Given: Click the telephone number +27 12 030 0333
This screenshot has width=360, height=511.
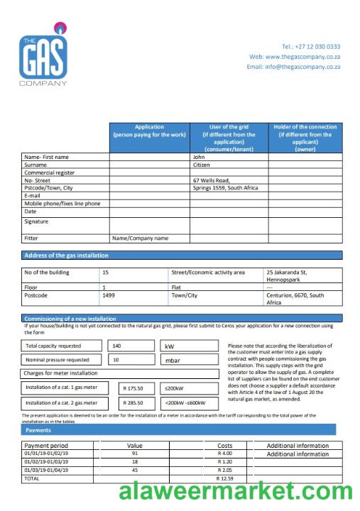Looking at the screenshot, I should pyautogui.click(x=310, y=47).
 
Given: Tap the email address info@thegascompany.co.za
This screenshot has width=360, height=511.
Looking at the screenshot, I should pyautogui.click(x=293, y=67).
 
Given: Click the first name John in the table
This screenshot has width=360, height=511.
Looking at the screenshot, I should pyautogui.click(x=199, y=157).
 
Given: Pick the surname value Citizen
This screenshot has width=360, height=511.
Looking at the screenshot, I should pyautogui.click(x=202, y=165).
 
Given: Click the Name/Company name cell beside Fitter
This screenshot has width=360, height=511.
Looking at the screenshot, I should pyautogui.click(x=141, y=238).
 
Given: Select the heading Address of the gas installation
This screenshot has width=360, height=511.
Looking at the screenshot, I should pyautogui.click(x=66, y=255).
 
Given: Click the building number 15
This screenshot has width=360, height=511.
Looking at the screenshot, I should pyautogui.click(x=106, y=272).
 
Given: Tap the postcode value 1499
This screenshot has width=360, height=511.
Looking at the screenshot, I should pyautogui.click(x=109, y=295).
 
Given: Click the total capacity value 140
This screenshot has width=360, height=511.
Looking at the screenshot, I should pyautogui.click(x=117, y=346).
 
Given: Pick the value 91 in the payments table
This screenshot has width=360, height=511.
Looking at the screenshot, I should pyautogui.click(x=134, y=454).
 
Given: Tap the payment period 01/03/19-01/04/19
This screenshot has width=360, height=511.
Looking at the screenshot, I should pyautogui.click(x=47, y=470).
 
